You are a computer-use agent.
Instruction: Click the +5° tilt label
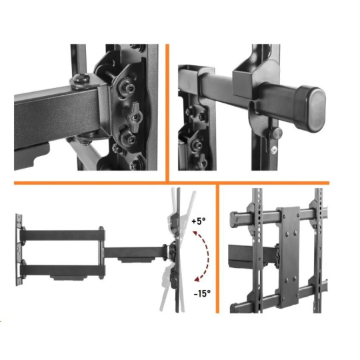pos(199,221)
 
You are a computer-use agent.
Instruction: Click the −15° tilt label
pos(202,293)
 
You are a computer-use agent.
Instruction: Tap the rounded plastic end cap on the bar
pos(312,109)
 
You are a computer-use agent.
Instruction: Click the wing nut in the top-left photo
pos(135,117)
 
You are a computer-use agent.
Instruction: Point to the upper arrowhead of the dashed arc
pos(195,234)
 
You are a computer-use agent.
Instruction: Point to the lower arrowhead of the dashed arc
pos(197,279)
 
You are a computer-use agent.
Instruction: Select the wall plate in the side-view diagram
pos(19,250)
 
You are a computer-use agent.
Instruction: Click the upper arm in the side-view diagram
pos(63,235)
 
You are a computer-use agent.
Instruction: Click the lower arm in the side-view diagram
pos(63,271)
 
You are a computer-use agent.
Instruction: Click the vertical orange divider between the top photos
pos(167,113)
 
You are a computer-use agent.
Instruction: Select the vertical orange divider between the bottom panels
pos(217,249)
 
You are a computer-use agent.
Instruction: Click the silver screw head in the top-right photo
pos(274,150)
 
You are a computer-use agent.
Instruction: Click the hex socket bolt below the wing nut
pos(128,137)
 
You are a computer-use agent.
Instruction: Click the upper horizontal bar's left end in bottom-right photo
pos(235,219)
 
